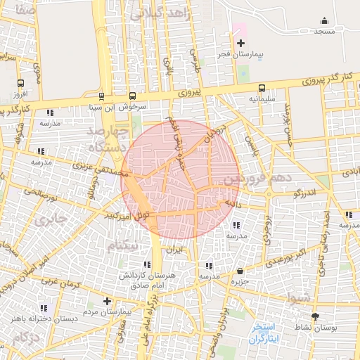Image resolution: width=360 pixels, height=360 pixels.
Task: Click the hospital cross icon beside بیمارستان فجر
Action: coord(240,44)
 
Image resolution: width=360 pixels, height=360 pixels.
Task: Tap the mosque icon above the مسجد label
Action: coord(323,21)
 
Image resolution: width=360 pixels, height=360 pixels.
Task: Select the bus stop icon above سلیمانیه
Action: coord(262,88)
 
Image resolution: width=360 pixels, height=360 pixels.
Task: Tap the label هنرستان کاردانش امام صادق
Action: coord(146,280)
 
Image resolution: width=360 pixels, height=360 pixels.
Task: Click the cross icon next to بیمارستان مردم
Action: coord(107,301)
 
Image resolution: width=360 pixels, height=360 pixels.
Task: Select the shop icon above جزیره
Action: coord(241,271)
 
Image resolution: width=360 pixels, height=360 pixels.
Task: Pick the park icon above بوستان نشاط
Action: coord(314,317)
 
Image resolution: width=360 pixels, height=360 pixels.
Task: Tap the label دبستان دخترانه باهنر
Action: coord(42,319)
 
